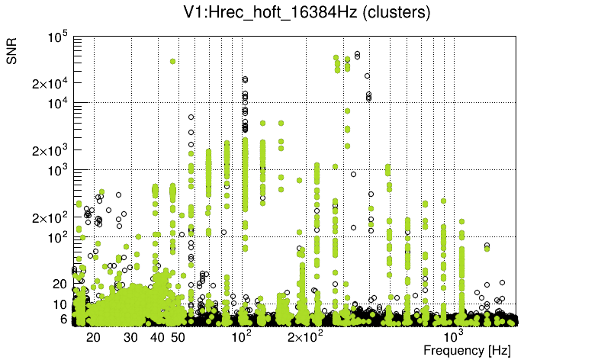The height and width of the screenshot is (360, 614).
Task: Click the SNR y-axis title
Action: point(12,52)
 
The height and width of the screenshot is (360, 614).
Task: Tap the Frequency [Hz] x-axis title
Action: point(467,350)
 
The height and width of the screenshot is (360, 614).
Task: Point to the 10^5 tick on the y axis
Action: point(58,37)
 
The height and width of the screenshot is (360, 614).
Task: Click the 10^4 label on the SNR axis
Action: point(58,103)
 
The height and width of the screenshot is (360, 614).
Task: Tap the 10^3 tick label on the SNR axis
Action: point(58,170)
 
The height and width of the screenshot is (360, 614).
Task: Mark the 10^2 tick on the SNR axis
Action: point(58,237)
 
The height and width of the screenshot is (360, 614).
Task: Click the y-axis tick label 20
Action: point(61,284)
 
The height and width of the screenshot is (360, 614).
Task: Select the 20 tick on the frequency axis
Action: point(94,336)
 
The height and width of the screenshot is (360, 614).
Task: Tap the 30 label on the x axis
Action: point(131,336)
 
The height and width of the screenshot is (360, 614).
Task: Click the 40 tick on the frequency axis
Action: point(157,336)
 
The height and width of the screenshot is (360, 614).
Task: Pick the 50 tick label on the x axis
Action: point(178,336)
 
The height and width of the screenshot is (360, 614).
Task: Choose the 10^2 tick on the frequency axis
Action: point(241,336)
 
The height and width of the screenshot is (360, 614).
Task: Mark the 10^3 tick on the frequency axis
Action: point(453,336)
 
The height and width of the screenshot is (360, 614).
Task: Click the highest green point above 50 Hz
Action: point(173,61)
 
